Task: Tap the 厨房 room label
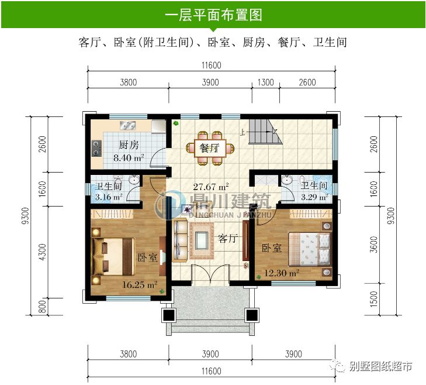(x=128, y=145)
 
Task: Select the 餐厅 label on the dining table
(x=209, y=148)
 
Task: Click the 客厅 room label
(x=227, y=238)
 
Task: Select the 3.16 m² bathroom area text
(x=109, y=197)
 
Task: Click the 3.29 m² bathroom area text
(x=314, y=197)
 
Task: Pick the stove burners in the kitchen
(x=95, y=149)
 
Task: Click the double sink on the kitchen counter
(x=127, y=125)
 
